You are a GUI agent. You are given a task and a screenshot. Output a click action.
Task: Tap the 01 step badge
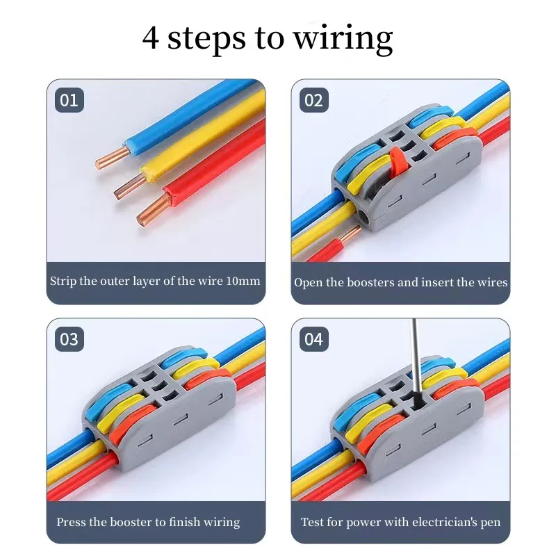tap(69, 100)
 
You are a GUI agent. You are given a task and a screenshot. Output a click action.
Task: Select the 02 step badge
tap(314, 100)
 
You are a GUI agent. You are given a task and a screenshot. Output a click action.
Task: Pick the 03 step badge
tap(69, 339)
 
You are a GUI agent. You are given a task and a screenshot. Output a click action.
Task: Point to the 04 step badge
tap(314, 339)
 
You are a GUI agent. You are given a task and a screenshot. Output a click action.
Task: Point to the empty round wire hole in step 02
tap(365, 216)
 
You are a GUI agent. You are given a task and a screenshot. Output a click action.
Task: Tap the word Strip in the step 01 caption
tap(63, 281)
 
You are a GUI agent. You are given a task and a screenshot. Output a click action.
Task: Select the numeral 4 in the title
tap(150, 38)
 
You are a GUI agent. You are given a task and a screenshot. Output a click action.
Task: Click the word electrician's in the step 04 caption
tap(444, 522)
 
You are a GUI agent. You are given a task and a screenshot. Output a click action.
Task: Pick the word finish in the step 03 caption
tap(184, 522)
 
